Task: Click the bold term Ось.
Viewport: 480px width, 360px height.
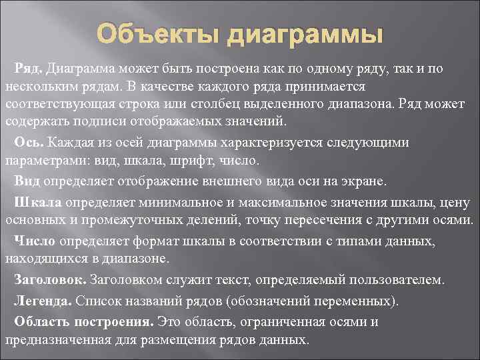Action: coord(29,143)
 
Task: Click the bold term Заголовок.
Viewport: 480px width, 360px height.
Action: coord(51,279)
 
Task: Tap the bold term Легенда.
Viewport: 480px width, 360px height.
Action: coord(43,301)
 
